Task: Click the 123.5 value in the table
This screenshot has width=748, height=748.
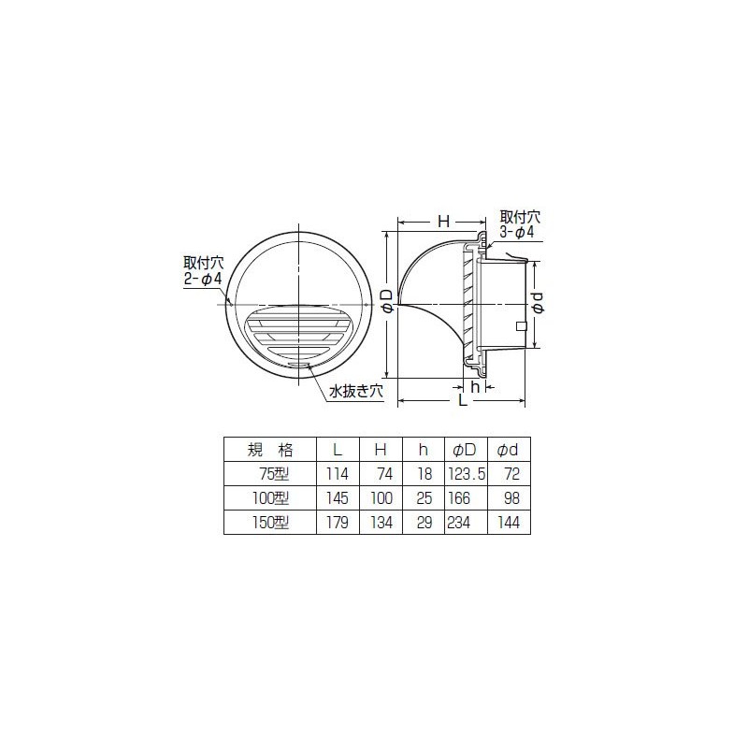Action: click(468, 475)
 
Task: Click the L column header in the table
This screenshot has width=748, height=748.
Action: click(338, 449)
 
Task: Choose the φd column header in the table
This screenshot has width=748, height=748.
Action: click(508, 449)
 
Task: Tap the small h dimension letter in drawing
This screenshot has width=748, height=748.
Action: click(476, 385)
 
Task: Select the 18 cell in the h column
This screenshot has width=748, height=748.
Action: click(424, 475)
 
